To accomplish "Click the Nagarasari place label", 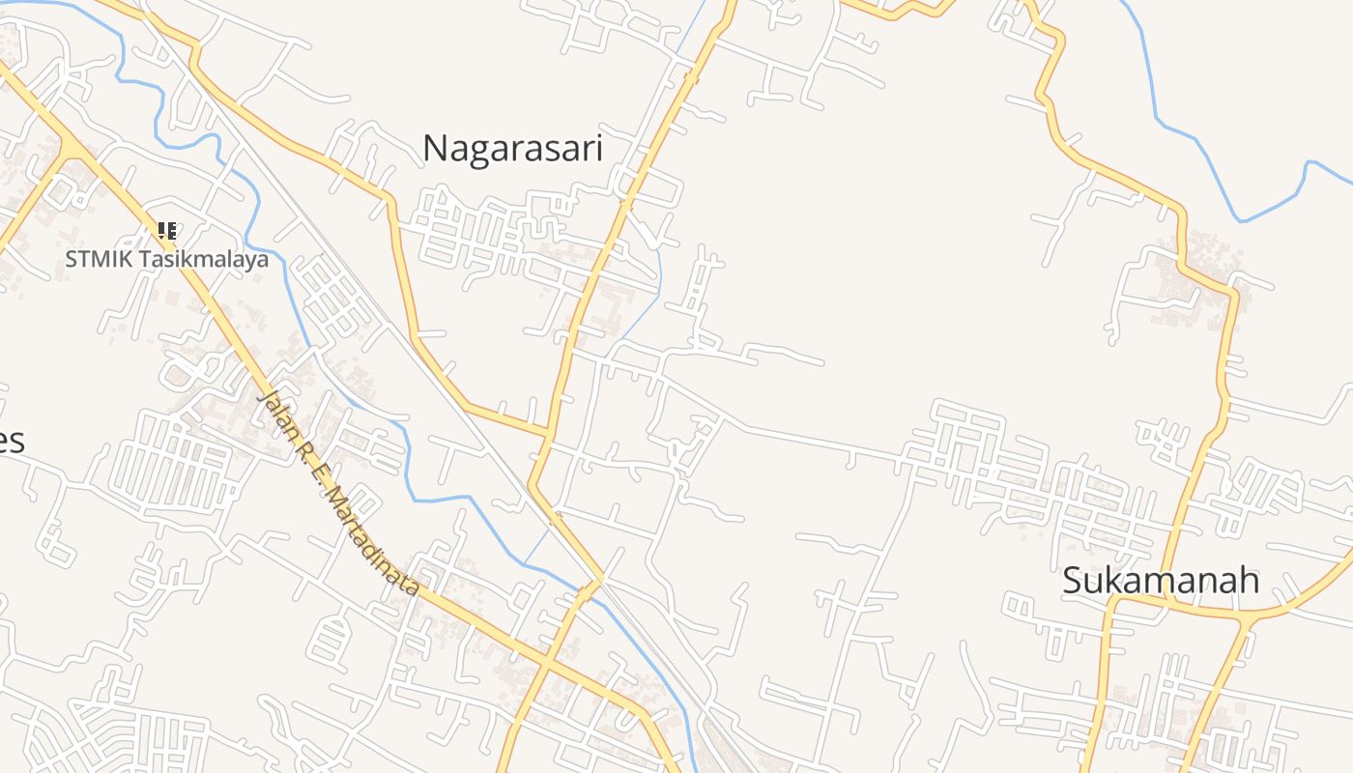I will pos(512,149).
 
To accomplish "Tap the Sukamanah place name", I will pos(1161,581).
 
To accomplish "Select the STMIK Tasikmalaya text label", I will pos(166,259).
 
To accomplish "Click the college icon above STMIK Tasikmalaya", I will pos(166,231).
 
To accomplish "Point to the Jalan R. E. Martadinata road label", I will pos(339,493).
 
